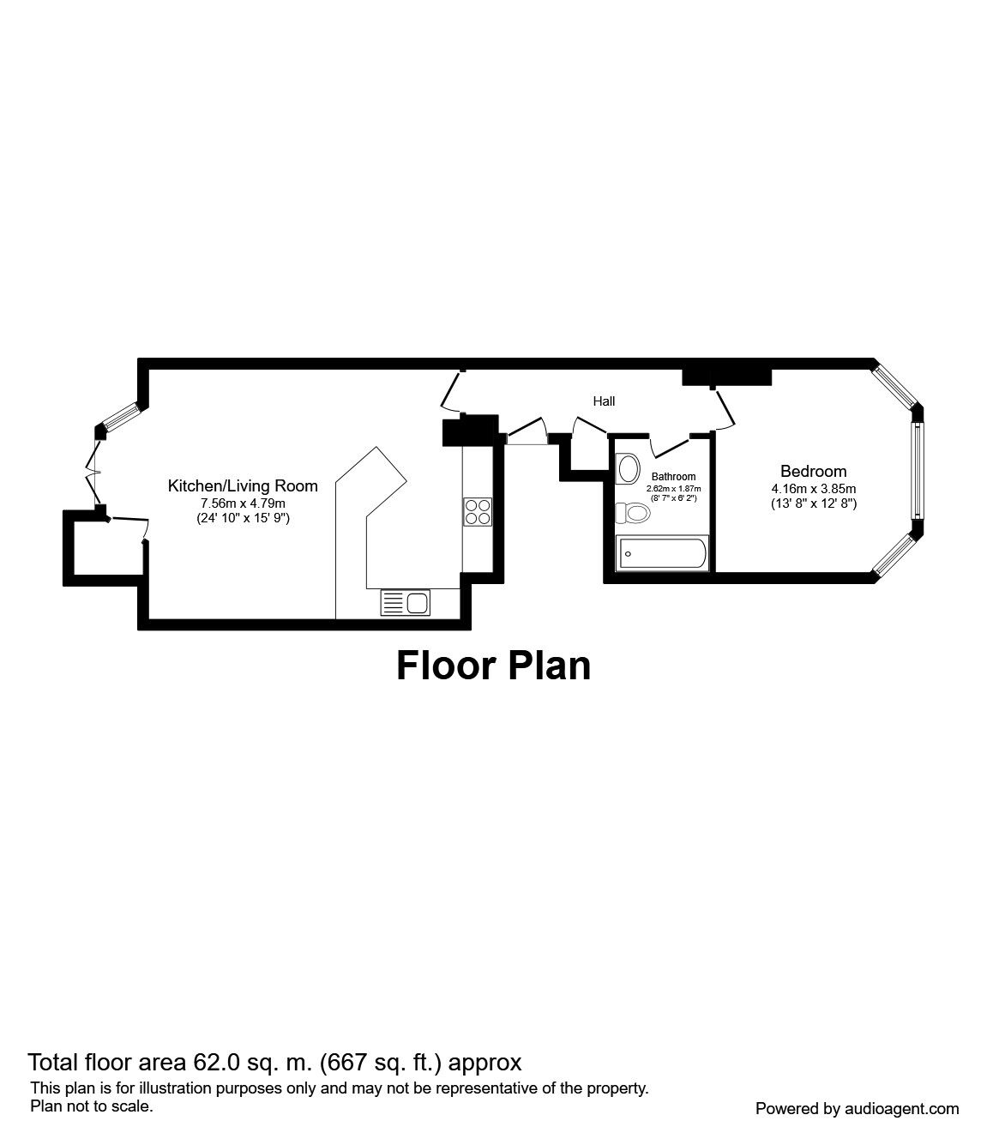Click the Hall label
click(x=604, y=401)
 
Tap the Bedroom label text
click(x=813, y=471)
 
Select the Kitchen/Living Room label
click(x=243, y=486)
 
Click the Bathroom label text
click(x=673, y=477)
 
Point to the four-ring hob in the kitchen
click(x=477, y=511)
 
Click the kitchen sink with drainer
click(x=406, y=603)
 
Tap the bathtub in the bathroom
click(x=663, y=554)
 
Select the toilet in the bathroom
click(x=634, y=513)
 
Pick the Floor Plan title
click(x=493, y=666)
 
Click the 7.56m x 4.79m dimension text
click(x=243, y=503)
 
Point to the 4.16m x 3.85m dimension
click(x=813, y=489)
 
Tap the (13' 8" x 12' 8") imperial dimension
click(x=813, y=504)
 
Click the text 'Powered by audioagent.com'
click(x=857, y=1108)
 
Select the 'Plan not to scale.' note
click(x=92, y=1106)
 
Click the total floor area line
click(x=274, y=1063)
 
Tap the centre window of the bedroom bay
click(x=916, y=470)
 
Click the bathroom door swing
click(x=671, y=445)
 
